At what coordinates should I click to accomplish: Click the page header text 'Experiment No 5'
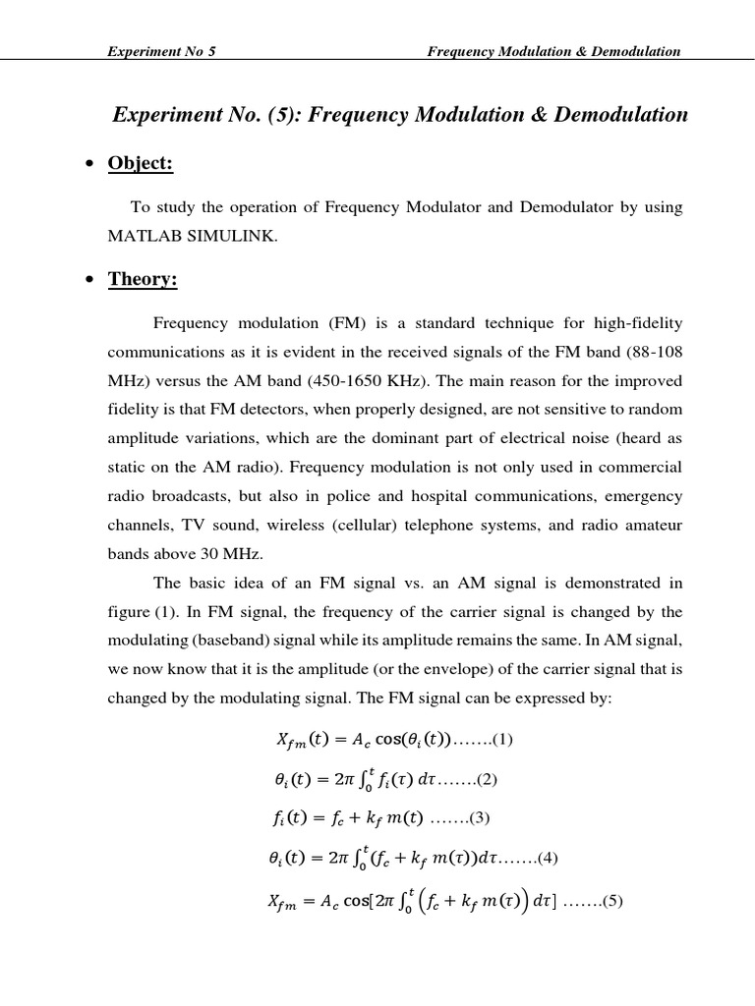pyautogui.click(x=161, y=51)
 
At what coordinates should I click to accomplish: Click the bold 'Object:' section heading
pyautogui.click(x=141, y=164)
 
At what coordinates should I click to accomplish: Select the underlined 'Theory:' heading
pyautogui.click(x=143, y=280)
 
